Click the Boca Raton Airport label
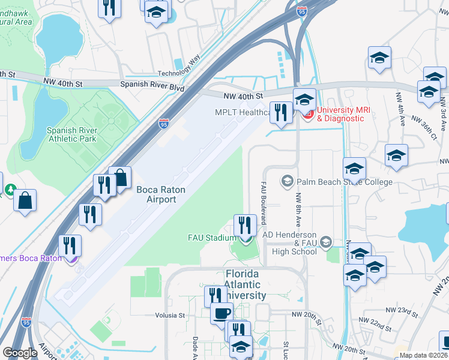[160, 194]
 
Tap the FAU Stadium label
[213, 238]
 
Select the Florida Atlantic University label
[237, 285]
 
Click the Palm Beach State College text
[344, 182]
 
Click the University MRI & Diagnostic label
[342, 114]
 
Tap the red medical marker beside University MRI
[307, 112]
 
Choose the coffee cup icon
[221, 313]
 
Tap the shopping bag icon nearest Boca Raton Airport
[120, 178]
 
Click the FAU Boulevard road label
[263, 203]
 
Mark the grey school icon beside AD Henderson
[326, 242]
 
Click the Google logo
[20, 352]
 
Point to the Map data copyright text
[423, 355]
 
